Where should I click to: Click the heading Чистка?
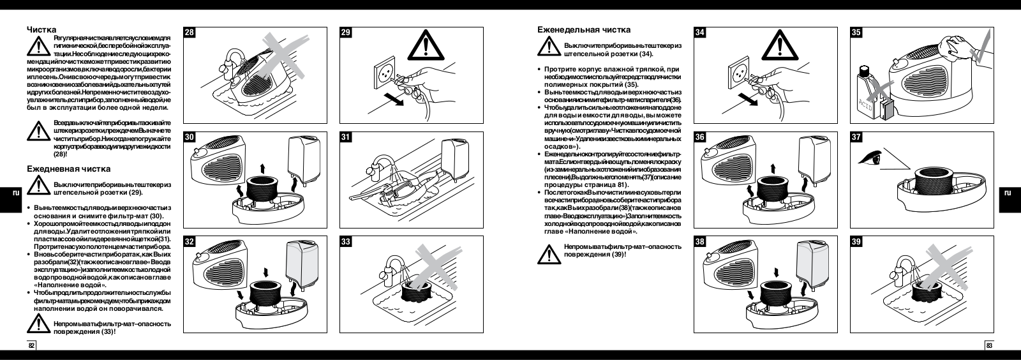tap(41, 29)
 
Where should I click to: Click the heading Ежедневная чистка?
tap(68, 169)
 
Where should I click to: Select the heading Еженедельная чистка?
tap(584, 29)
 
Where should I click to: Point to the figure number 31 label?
tap(346, 137)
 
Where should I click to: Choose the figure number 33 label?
tap(346, 242)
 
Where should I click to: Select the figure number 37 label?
tap(857, 137)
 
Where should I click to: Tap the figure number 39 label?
tap(857, 242)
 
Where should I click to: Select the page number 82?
tap(31, 346)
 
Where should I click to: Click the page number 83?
tap(989, 346)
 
